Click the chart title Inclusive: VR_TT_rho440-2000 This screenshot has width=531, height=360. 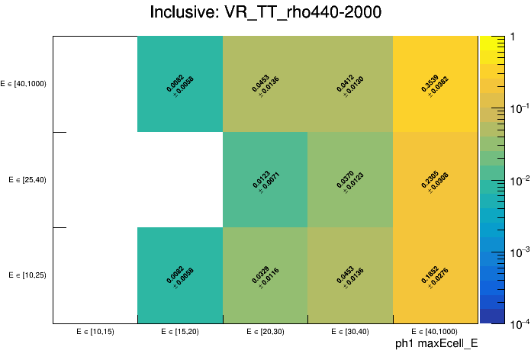(265, 13)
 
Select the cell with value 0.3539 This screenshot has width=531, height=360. (435, 84)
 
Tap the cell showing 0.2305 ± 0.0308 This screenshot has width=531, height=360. (435, 179)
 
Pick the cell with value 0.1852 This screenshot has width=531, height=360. (435, 275)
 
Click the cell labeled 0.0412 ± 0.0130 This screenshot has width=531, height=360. (350, 84)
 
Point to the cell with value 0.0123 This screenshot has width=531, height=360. (265, 179)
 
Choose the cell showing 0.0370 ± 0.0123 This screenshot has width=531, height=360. (350, 179)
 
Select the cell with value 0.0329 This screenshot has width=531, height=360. (265, 275)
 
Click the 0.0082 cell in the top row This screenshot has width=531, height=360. (180, 84)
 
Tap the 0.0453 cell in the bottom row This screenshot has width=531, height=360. (350, 275)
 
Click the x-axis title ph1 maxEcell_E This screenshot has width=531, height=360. (436, 345)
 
